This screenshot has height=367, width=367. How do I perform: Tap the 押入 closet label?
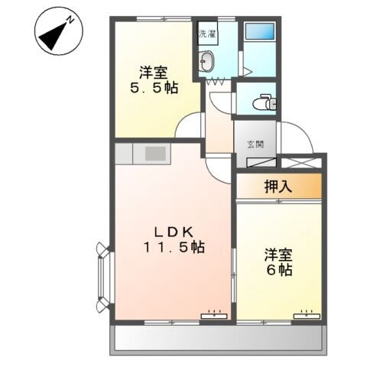pyautogui.click(x=277, y=184)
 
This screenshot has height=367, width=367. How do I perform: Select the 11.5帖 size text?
pyautogui.click(x=172, y=248)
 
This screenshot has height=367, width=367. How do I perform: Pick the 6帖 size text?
pyautogui.click(x=280, y=271)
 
